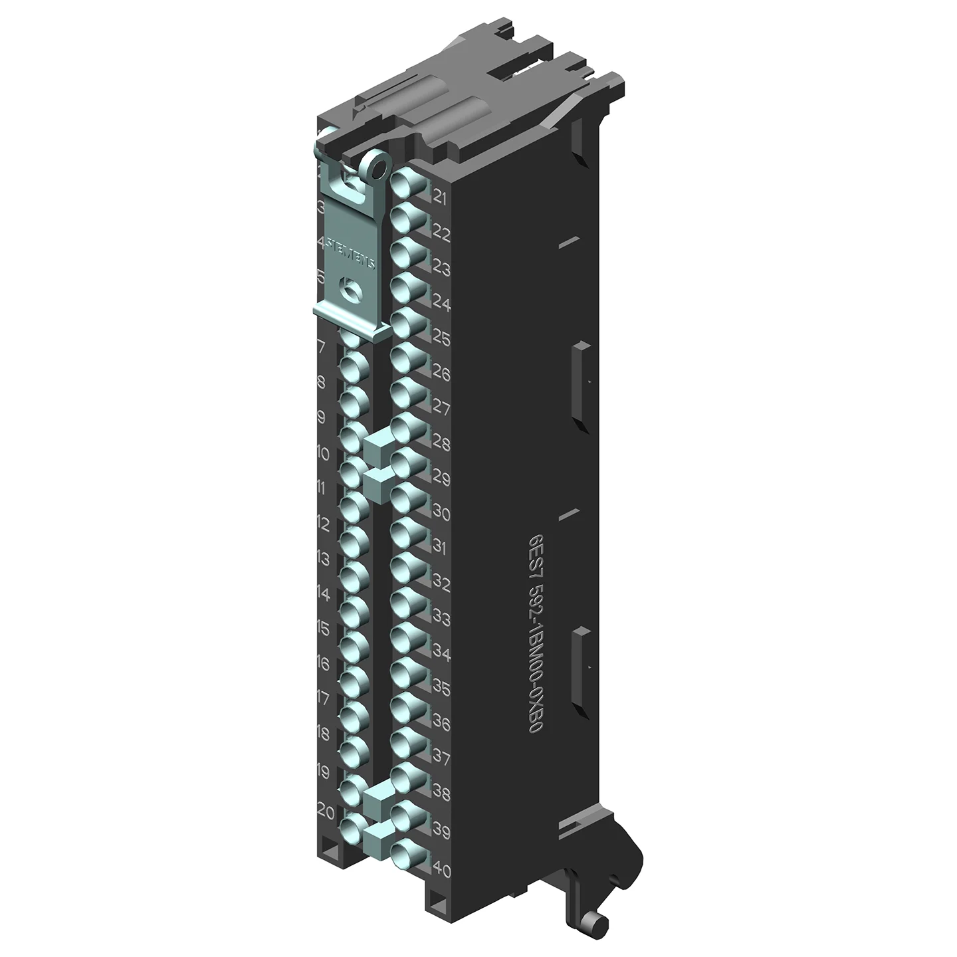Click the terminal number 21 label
click(441, 197)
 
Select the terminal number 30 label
click(441, 513)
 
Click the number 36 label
click(441, 723)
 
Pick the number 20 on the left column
click(326, 811)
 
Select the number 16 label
click(323, 663)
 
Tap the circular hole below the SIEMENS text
click(348, 288)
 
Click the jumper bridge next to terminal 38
click(377, 794)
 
